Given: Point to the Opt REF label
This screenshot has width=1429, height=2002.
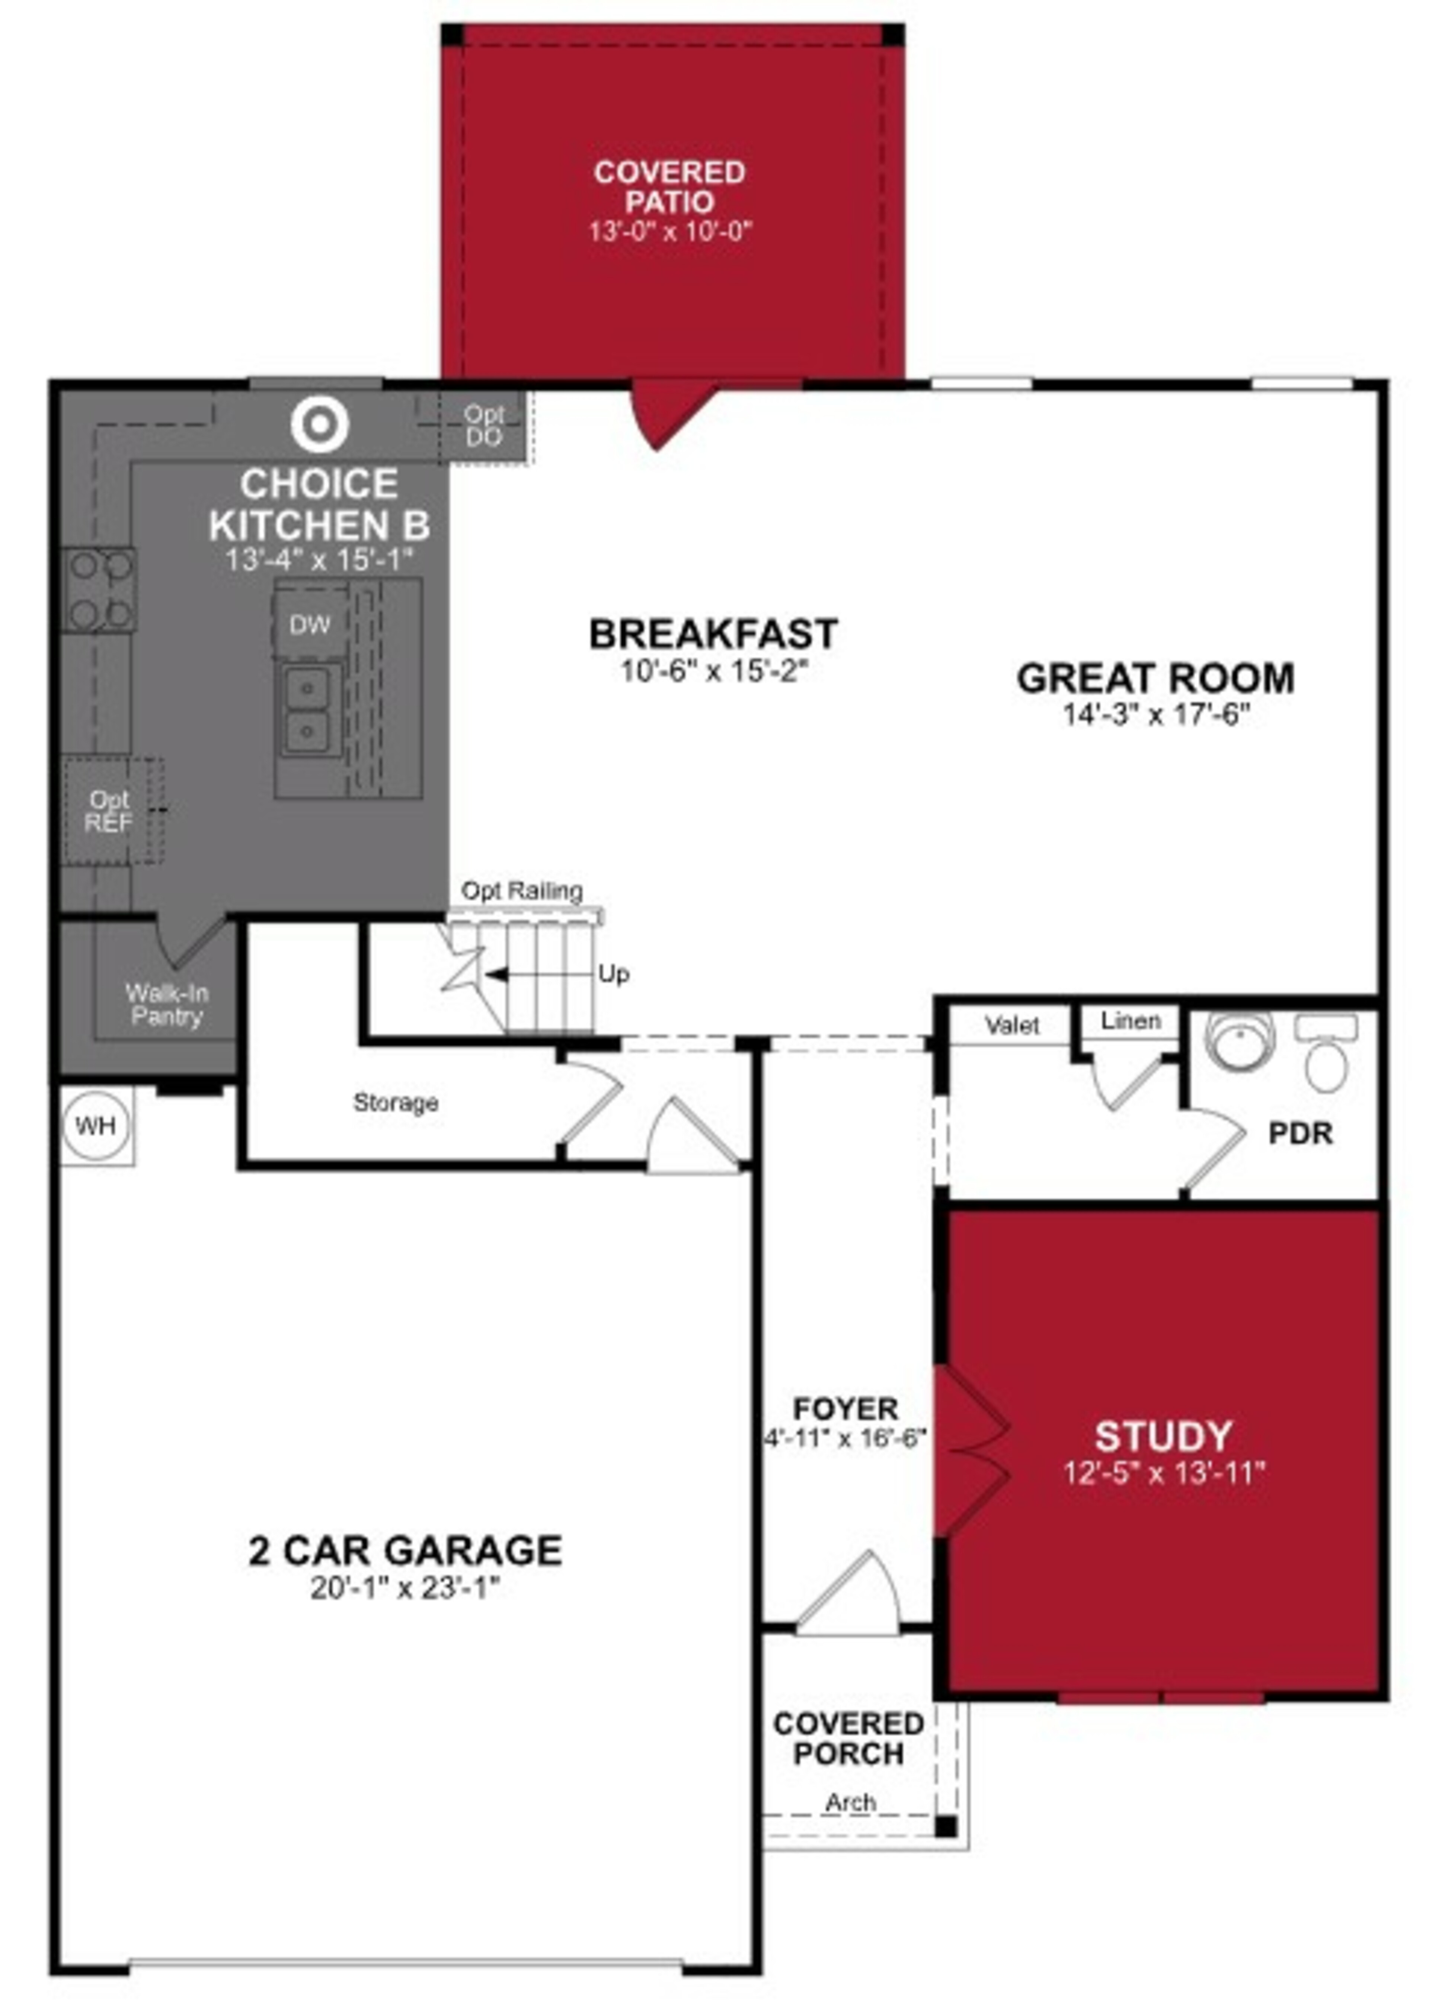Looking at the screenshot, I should [x=109, y=811].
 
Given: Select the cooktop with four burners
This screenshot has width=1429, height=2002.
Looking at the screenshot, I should [x=99, y=589].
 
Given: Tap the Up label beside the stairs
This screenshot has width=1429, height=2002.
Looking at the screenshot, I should [x=613, y=974].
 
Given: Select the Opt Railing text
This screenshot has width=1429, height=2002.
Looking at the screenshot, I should [x=522, y=890].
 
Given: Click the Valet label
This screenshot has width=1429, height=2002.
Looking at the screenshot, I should [x=1012, y=1025].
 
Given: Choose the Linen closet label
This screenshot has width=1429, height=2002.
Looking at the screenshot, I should [x=1131, y=1021].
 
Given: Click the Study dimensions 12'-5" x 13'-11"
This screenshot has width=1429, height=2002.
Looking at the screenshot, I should [x=1163, y=1473].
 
